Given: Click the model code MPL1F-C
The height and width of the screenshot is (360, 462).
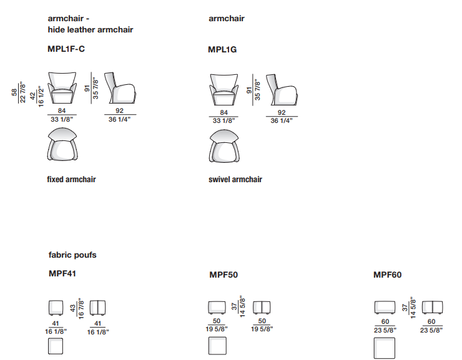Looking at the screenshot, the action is [66, 49].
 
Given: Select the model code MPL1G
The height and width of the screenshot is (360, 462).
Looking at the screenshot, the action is [222, 49].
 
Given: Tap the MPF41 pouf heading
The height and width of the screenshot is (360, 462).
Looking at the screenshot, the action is [62, 273].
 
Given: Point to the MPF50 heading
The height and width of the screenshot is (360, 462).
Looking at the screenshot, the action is [224, 275].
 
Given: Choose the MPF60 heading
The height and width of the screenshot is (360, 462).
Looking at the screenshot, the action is [387, 275].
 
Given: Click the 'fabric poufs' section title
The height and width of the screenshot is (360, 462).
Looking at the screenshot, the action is [72, 255].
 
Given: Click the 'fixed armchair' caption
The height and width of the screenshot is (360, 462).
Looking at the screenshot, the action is [71, 179].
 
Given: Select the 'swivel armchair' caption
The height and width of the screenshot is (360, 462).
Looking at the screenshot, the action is [235, 179].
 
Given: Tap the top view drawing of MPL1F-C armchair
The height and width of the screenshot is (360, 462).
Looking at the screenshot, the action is [62, 144].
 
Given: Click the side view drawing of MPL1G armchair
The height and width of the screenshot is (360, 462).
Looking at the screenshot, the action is [282, 89].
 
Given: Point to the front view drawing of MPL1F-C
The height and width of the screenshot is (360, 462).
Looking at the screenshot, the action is [62, 88].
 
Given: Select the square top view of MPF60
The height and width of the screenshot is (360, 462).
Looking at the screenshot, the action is [384, 348].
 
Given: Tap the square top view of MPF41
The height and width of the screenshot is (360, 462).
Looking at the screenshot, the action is [56, 346].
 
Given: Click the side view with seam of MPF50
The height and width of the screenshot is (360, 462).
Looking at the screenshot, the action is [262, 308].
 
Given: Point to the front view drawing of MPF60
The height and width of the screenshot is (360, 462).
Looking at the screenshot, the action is [385, 308].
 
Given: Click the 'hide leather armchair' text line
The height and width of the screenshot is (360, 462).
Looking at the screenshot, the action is [91, 30].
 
